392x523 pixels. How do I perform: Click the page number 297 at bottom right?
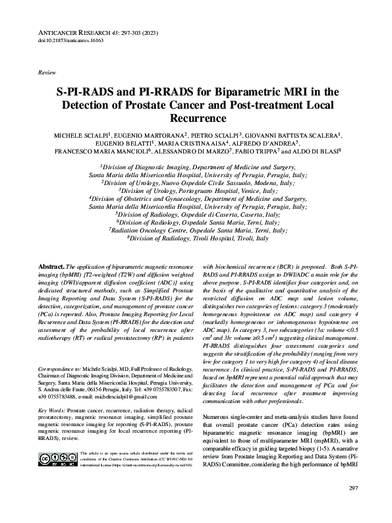pyautogui.click(x=354, y=506)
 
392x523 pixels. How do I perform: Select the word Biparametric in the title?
pyautogui.click(x=242, y=92)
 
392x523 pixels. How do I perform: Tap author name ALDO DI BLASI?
pyautogui.click(x=307, y=150)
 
